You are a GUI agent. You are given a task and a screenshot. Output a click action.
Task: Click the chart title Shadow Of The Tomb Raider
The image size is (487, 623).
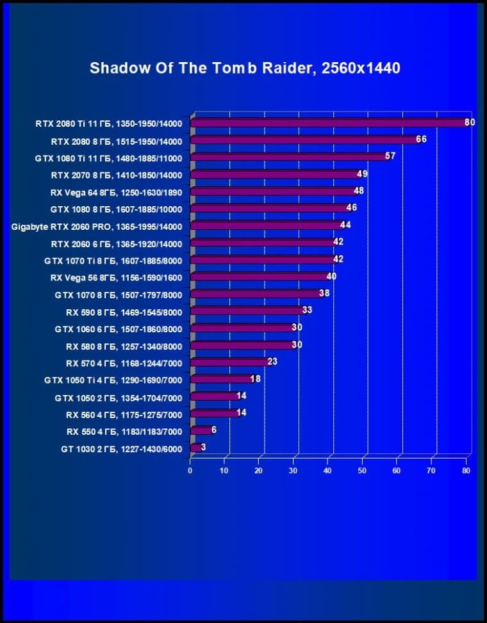click(x=245, y=68)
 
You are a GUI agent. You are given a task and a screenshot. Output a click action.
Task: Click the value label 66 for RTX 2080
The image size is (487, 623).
click(x=421, y=139)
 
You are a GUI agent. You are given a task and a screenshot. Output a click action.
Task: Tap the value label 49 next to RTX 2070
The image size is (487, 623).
click(x=362, y=174)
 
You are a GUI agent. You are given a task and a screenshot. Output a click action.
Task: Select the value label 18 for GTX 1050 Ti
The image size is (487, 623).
click(x=255, y=378)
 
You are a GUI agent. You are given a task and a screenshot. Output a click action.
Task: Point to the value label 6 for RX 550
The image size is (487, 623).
click(x=214, y=430)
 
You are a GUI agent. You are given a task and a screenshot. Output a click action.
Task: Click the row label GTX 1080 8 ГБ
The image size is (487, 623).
click(x=116, y=209)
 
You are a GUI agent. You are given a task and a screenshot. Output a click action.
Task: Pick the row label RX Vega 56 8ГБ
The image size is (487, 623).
click(x=116, y=278)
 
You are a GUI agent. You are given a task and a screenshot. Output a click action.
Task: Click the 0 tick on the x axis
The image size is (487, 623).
click(x=190, y=471)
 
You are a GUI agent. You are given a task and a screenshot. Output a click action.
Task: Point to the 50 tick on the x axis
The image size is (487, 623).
click(x=362, y=471)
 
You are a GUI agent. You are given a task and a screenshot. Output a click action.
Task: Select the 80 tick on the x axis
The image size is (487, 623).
click(x=466, y=471)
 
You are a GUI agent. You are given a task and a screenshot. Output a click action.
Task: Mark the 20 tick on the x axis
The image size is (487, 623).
click(x=259, y=471)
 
